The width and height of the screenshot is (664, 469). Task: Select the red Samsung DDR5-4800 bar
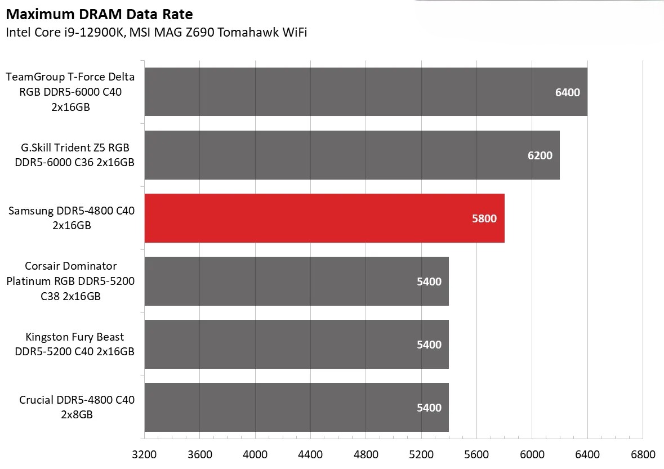click(x=324, y=218)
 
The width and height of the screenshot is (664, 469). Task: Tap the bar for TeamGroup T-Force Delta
click(x=366, y=92)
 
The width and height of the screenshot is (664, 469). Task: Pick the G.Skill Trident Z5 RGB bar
click(x=352, y=155)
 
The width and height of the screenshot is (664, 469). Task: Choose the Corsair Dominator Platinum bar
click(x=296, y=282)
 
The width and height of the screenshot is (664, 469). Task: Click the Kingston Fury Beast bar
click(x=296, y=345)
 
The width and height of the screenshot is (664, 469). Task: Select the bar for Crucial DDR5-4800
click(x=296, y=408)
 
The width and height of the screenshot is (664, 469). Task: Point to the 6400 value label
click(x=567, y=92)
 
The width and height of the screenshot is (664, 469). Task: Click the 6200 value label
click(x=540, y=155)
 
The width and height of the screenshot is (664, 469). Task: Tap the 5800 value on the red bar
click(x=484, y=218)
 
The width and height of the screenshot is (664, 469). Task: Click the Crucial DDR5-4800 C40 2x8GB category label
click(x=77, y=408)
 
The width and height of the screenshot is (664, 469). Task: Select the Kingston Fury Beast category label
click(x=74, y=345)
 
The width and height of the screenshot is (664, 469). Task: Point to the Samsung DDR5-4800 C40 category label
click(x=72, y=218)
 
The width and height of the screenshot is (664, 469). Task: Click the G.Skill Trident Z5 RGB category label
click(x=74, y=155)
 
